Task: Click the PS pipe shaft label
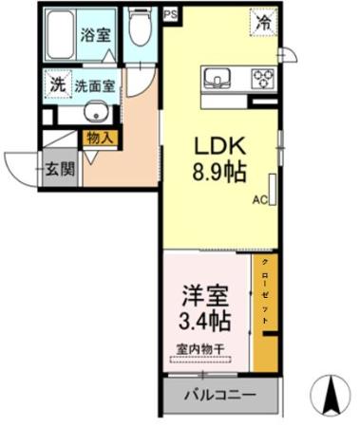pyautogui.click(x=170, y=14)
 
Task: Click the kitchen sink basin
pyautogui.click(x=214, y=77)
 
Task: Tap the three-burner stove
pyautogui.click(x=261, y=78)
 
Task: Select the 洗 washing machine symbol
pyautogui.click(x=58, y=84)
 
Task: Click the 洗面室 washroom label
pyautogui.click(x=97, y=85)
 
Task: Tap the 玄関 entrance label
pyautogui.click(x=58, y=170)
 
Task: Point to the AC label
pyautogui.click(x=259, y=201)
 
